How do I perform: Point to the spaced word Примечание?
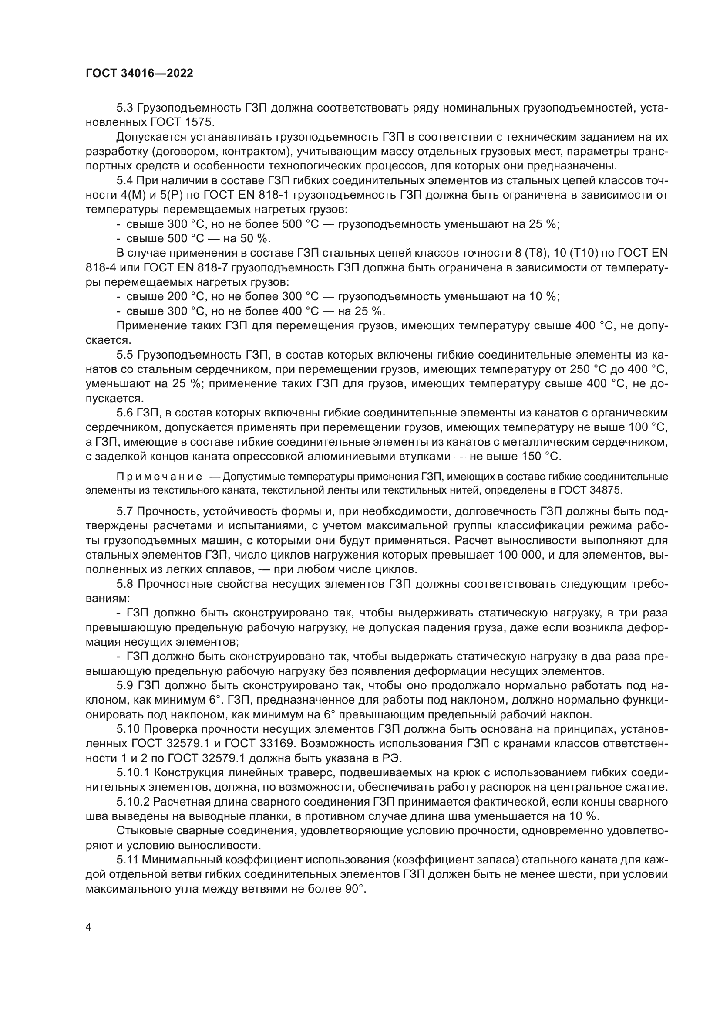159,477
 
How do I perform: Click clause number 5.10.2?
133,802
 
